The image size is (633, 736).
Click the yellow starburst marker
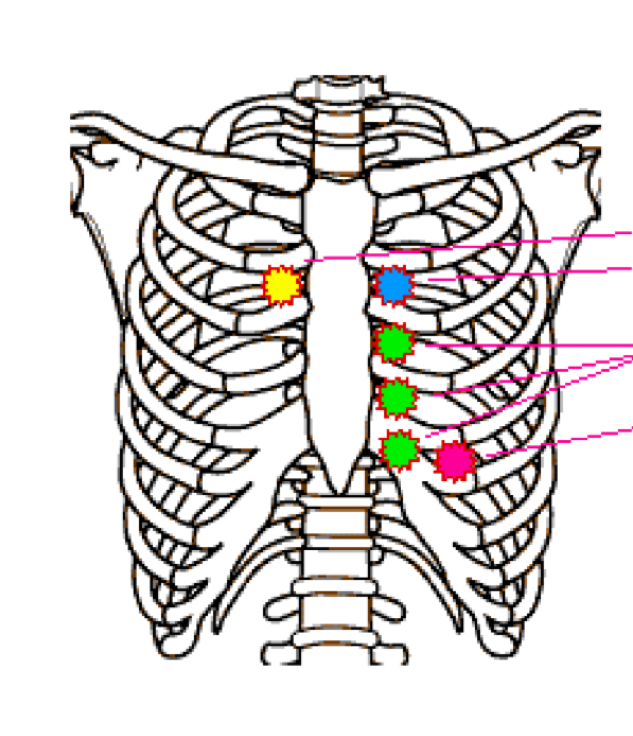tap(282, 286)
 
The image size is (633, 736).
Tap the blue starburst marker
tap(394, 285)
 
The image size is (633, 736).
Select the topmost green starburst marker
tap(394, 343)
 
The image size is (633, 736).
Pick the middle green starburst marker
tap(397, 398)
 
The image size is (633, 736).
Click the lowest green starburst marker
tap(400, 450)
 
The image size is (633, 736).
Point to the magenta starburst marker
tap(456, 461)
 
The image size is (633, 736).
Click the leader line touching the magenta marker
tap(556, 441)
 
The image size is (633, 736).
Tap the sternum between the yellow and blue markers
tap(338, 296)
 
